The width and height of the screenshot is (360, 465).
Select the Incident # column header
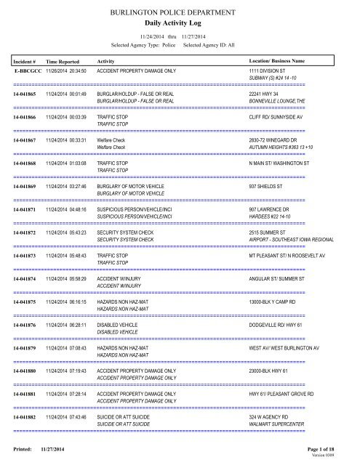click(25, 62)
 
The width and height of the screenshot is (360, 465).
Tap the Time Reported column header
click(67, 62)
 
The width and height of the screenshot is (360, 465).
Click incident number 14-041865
click(28, 94)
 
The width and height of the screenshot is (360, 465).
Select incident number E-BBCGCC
click(28, 73)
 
